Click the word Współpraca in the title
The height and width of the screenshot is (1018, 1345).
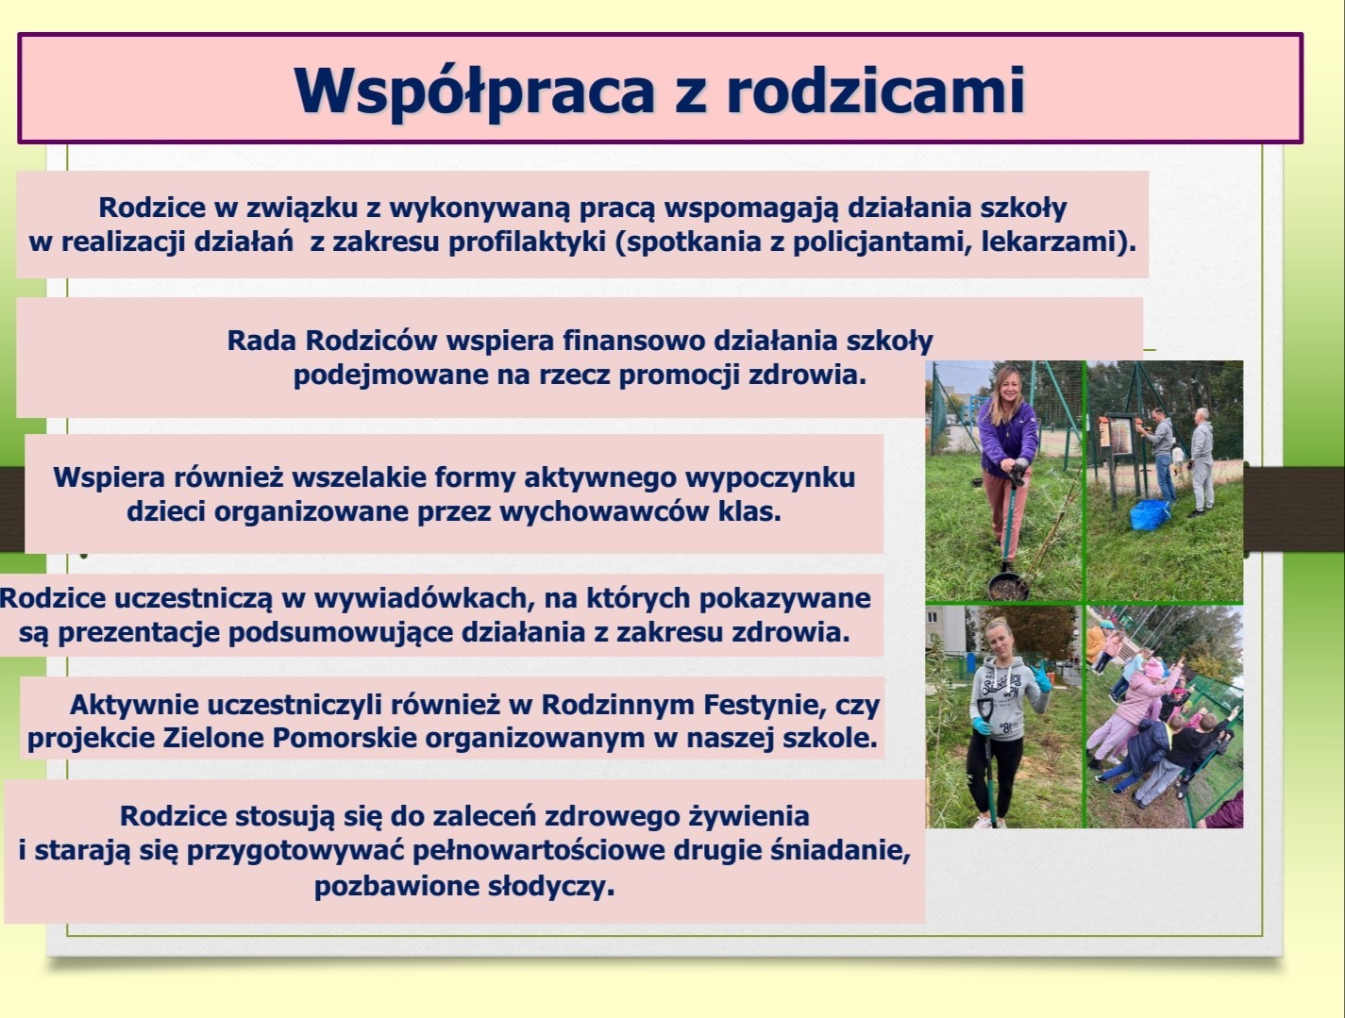click(474, 91)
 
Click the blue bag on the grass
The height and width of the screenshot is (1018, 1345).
click(1150, 514)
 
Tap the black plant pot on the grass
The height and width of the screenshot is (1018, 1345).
click(1007, 587)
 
